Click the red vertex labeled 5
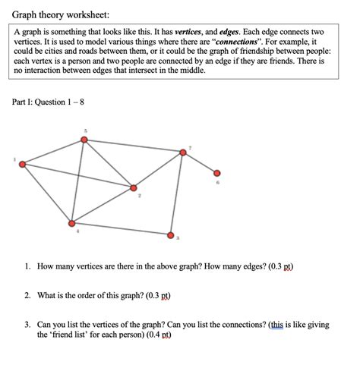coord(85,140)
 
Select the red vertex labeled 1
coord(23,164)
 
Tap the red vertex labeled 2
coord(134,187)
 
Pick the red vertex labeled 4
coord(71,223)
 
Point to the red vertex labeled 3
coord(171,235)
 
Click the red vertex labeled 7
coord(183,152)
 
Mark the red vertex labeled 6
coord(217,173)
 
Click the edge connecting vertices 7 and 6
coord(201,162)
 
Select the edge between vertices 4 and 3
coord(122,229)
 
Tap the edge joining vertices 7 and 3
coord(177,193)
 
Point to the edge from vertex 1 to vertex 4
coord(47,193)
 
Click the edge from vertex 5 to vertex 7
coord(134,146)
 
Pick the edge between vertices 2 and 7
coord(158,170)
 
